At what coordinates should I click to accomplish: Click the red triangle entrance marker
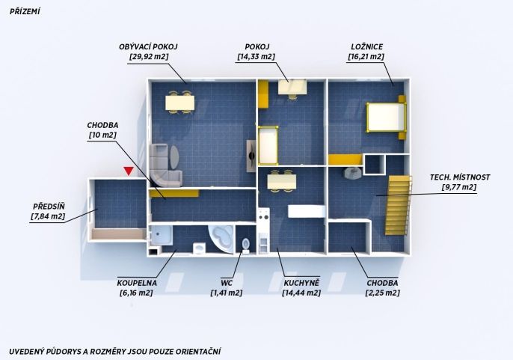pos(129,171)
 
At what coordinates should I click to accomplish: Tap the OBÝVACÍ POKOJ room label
pos(148,47)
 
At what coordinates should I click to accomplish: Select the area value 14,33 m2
pos(256,57)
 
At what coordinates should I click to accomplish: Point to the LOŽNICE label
pos(366,47)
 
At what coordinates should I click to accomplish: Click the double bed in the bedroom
pos(386,118)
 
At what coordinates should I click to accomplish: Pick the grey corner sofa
pos(163,165)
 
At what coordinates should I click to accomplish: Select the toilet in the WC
pos(245,245)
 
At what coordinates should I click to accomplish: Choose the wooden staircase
pos(398,205)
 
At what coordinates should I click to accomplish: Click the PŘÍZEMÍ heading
pos(25,12)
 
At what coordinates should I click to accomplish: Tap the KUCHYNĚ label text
pos(301,283)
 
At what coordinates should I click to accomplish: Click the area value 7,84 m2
pos(48,216)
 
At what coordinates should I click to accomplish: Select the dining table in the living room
pos(180,103)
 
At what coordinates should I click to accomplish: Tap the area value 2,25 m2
pos(382,293)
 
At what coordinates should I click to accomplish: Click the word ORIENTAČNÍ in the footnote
pos(198,352)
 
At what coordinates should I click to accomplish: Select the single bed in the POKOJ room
pos(268,145)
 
